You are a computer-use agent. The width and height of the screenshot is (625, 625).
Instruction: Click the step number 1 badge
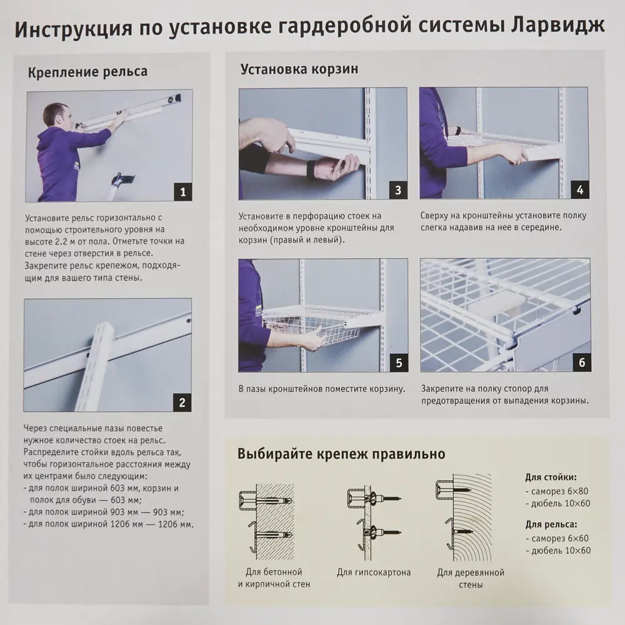pyautogui.click(x=182, y=192)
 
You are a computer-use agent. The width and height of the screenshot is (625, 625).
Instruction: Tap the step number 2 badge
pyautogui.click(x=182, y=402)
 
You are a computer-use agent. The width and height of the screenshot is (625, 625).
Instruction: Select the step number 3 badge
pyautogui.click(x=397, y=189)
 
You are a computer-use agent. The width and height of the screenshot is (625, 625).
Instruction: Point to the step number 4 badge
pyautogui.click(x=579, y=189)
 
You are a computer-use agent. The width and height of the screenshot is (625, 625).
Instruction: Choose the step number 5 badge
pyautogui.click(x=397, y=362)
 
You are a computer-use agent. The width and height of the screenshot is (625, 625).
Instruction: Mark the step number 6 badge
pyautogui.click(x=579, y=362)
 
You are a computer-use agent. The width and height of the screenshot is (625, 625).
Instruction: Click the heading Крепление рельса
pyautogui.click(x=87, y=71)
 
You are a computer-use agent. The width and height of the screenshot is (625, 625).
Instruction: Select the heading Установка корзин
pyautogui.click(x=299, y=69)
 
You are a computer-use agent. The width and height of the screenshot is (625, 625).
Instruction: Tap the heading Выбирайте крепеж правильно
pyautogui.click(x=341, y=454)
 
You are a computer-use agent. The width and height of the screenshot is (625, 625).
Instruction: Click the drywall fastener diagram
pyautogui.click(x=373, y=518)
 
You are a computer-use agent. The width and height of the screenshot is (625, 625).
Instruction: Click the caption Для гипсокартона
pyautogui.click(x=374, y=572)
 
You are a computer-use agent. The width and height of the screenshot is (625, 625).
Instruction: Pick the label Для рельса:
pyautogui.click(x=551, y=525)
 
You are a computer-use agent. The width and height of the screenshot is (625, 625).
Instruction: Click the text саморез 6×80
pyautogui.click(x=561, y=491)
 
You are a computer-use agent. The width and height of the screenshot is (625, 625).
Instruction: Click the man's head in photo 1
pyautogui.click(x=55, y=115)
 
